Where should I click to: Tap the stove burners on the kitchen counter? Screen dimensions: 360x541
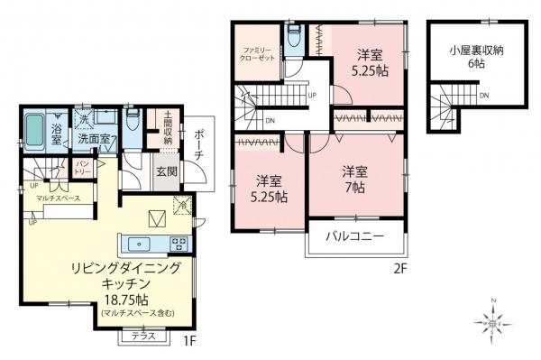click(178, 243)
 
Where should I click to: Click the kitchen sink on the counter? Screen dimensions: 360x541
click(142, 243)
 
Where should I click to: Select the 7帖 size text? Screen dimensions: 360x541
click(353, 188)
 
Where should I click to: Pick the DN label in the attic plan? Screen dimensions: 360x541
click(483, 96)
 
